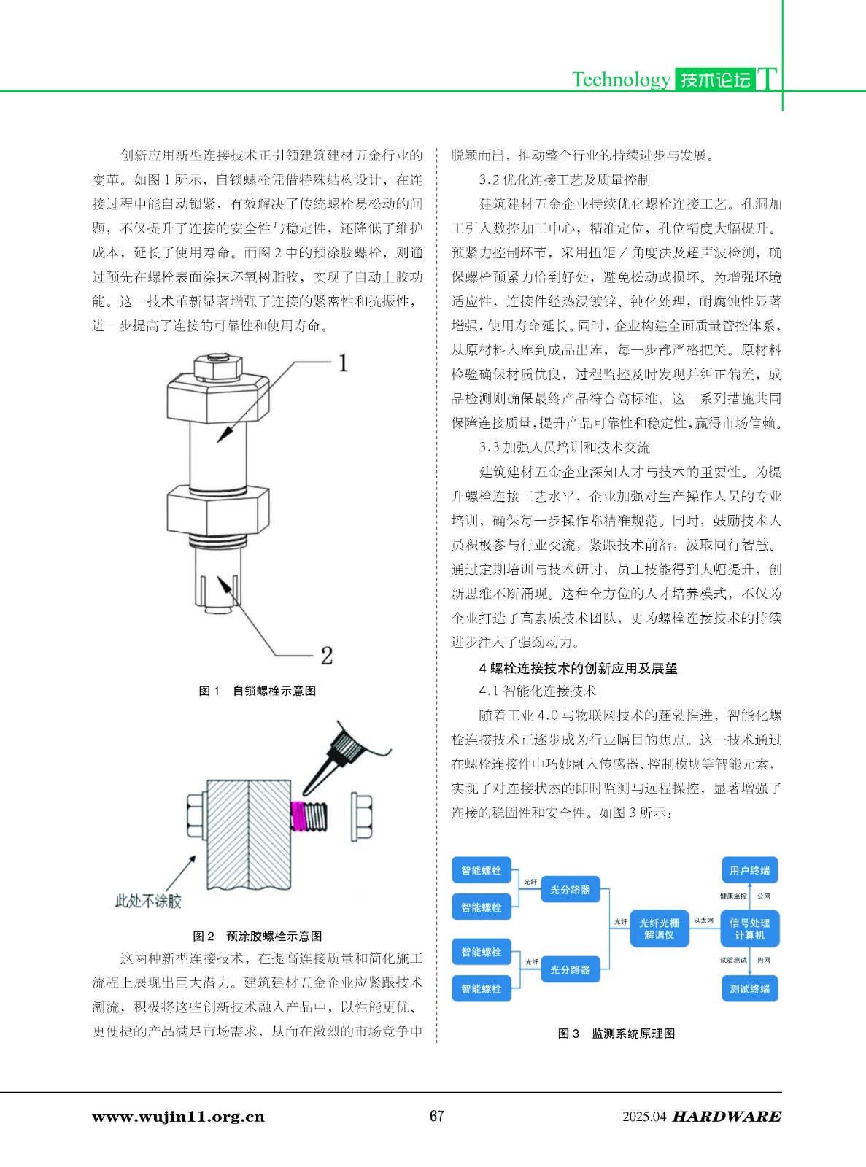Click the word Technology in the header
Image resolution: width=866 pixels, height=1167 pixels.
(620, 79)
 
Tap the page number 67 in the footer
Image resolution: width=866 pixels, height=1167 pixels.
(436, 1116)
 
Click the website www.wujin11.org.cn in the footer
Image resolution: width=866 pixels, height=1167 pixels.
(178, 1117)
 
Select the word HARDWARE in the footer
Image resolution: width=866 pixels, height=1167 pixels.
(726, 1117)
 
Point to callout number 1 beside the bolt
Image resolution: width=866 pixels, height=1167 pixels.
(342, 363)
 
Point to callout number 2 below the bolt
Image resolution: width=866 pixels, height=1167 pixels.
(326, 655)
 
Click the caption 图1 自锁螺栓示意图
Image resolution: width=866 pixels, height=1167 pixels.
(257, 691)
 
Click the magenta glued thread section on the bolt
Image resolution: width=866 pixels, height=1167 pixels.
(298, 816)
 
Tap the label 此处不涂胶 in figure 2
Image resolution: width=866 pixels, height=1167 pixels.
(148, 901)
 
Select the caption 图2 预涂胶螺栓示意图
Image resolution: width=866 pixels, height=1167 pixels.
(257, 936)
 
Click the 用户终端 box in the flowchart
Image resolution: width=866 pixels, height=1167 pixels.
(749, 870)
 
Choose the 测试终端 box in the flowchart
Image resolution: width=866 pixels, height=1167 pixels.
(749, 989)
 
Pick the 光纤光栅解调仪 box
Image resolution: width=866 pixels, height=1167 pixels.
(659, 928)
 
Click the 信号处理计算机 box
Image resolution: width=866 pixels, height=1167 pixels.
(749, 928)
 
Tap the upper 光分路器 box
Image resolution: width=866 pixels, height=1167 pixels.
(570, 890)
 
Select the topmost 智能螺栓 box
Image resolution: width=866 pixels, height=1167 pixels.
(481, 870)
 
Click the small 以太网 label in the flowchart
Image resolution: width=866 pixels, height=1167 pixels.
(703, 920)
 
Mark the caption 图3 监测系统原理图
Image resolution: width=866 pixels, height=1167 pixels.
(616, 1034)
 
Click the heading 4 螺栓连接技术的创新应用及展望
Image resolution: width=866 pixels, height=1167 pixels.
(578, 668)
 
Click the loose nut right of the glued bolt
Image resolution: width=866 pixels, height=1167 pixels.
(363, 815)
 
